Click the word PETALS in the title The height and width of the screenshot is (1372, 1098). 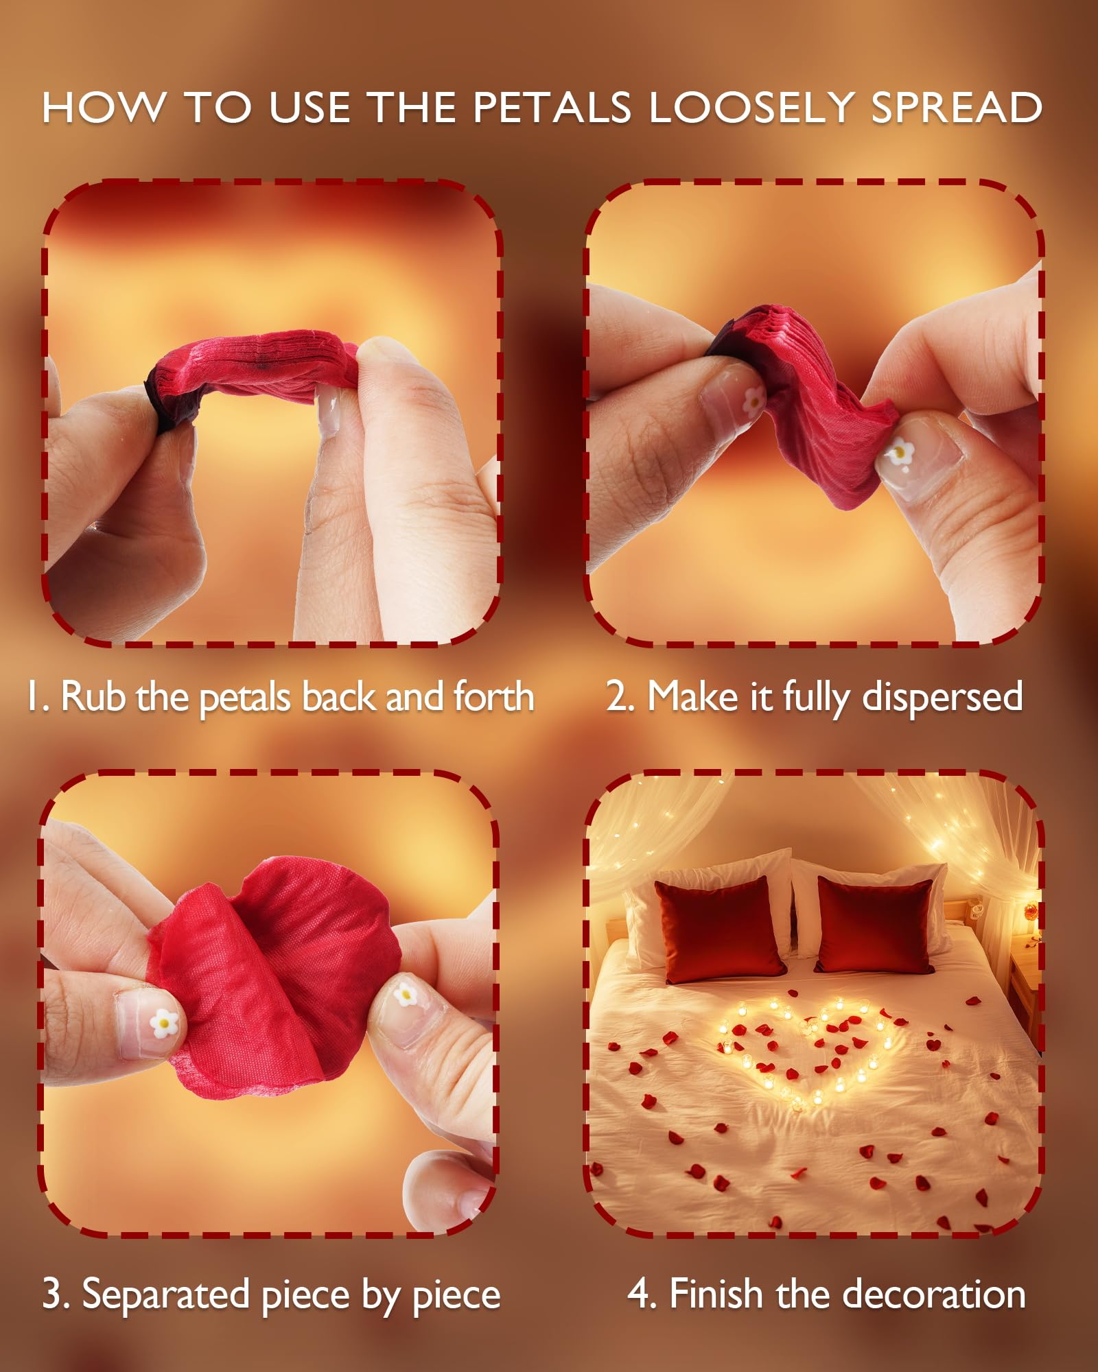(552, 108)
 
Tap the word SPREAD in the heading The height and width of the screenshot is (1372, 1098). (957, 108)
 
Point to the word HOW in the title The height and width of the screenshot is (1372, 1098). (104, 108)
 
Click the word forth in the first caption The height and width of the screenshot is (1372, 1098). (493, 697)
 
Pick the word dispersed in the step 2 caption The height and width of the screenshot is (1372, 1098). (942, 698)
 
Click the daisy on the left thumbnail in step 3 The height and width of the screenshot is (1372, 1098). (164, 1024)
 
